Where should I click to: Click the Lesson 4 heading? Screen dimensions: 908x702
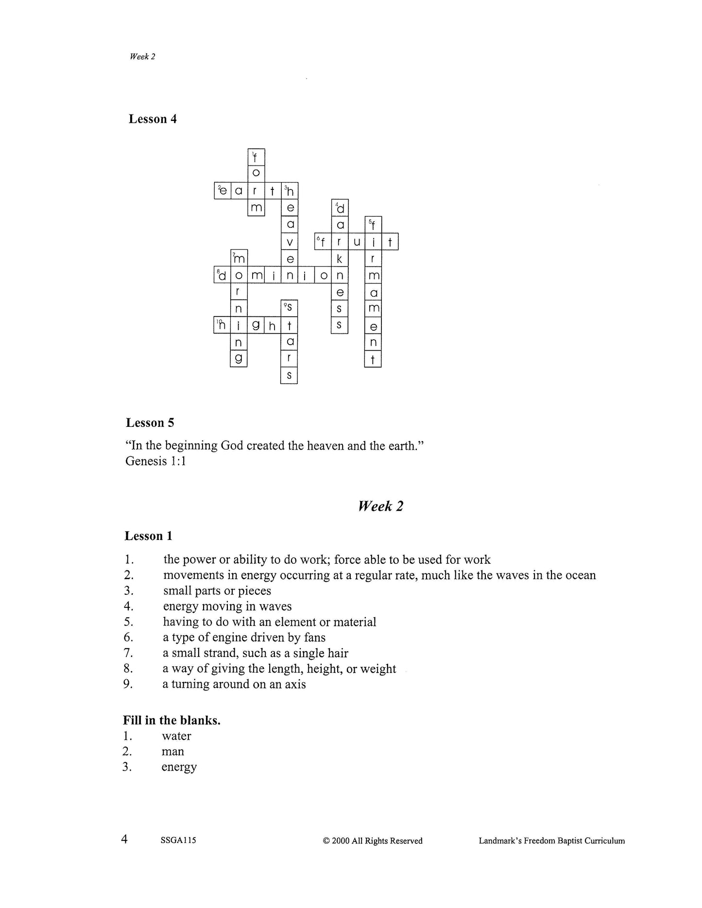coord(153,119)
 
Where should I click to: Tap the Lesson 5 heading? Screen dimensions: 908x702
coord(150,422)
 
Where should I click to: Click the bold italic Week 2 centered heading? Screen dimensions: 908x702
coord(380,506)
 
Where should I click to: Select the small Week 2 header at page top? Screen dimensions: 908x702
coord(142,56)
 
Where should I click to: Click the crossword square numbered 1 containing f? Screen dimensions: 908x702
coord(256,157)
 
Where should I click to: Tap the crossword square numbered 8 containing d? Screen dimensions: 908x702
coord(223,275)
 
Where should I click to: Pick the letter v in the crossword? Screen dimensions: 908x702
coord(290,242)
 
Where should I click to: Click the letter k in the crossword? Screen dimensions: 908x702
coord(340,259)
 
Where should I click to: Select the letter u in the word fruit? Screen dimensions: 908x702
coord(357,242)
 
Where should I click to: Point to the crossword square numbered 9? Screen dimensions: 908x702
coord(289,308)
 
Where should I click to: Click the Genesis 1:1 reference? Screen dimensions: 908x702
coord(155,461)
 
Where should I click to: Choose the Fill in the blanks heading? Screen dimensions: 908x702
coord(172,720)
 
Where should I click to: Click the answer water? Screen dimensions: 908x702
coord(176,736)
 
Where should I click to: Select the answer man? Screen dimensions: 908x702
coord(173,752)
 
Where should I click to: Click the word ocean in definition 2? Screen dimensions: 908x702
coord(578,575)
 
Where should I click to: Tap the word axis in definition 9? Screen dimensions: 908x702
coord(295,684)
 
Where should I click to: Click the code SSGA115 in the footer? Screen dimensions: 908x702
coord(178,841)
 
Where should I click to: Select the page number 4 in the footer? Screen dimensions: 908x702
coord(125,839)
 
